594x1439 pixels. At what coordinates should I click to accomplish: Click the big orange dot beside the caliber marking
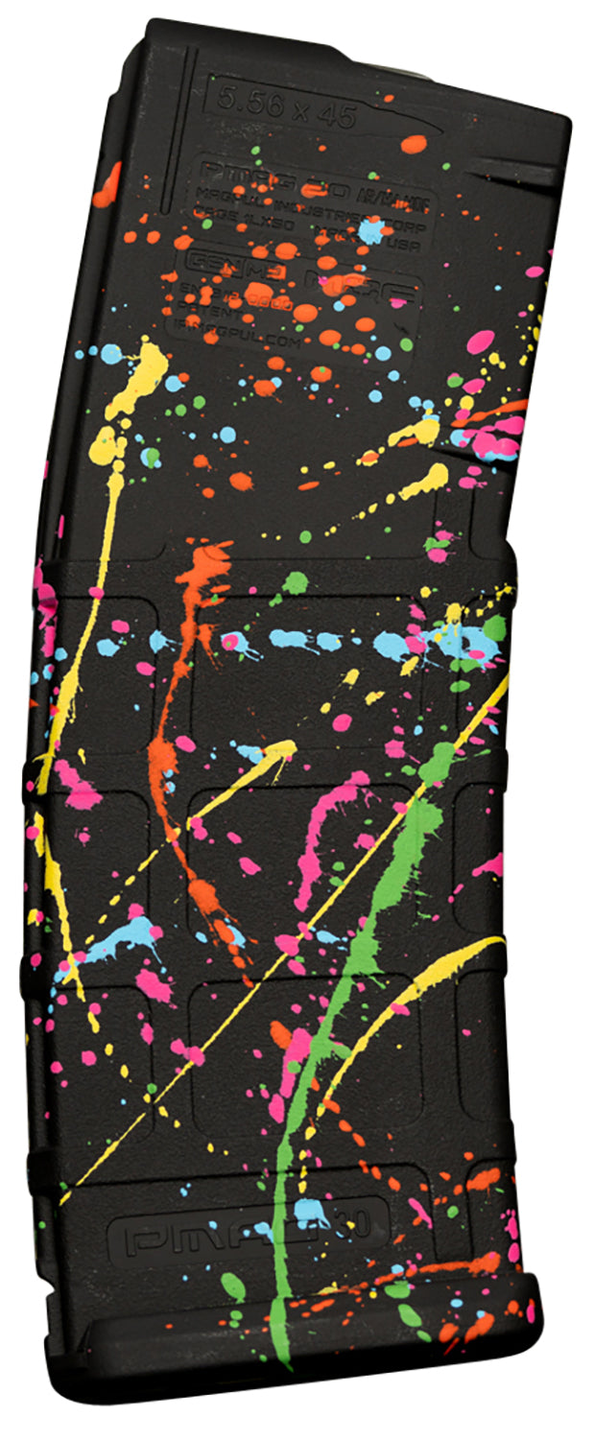tap(413, 144)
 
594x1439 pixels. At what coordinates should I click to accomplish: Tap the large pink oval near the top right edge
tap(480, 341)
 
